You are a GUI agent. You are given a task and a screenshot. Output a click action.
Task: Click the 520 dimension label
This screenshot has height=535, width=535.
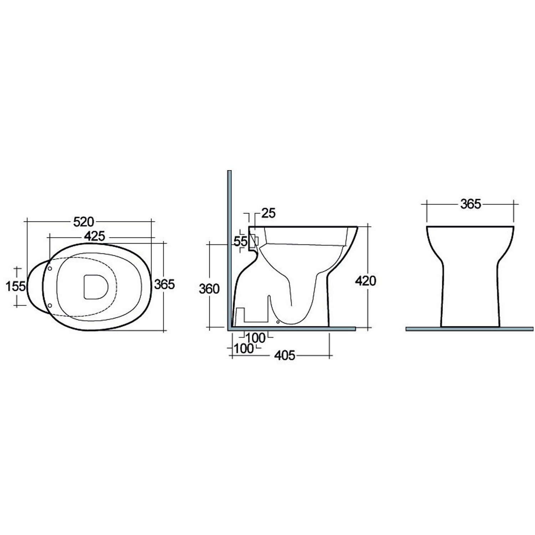pyautogui.click(x=83, y=222)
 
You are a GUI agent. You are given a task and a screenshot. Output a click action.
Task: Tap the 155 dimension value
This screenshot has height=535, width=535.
pyautogui.click(x=16, y=286)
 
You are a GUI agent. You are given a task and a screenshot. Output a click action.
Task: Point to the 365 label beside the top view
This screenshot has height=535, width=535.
pyautogui.click(x=164, y=284)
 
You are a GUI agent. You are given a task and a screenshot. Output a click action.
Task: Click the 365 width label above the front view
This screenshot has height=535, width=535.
pyautogui.click(x=470, y=204)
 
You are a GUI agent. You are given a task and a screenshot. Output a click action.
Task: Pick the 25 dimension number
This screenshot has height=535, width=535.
pyautogui.click(x=268, y=213)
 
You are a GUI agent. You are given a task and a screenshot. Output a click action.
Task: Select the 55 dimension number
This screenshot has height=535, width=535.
pyautogui.click(x=240, y=241)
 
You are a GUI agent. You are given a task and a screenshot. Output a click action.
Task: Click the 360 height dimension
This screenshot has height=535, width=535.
pyautogui.click(x=209, y=289)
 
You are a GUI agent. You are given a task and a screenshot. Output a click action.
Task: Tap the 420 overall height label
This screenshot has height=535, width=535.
pyautogui.click(x=365, y=281)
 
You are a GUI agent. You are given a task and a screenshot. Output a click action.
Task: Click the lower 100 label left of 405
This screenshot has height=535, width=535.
pyautogui.click(x=244, y=348)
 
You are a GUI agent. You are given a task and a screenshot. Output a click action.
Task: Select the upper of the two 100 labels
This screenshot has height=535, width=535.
pyautogui.click(x=255, y=337)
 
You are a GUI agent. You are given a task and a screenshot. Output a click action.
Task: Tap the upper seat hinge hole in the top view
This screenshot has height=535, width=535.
pyautogui.click(x=50, y=268)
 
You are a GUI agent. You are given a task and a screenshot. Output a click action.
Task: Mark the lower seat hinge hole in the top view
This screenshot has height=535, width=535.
pyautogui.click(x=50, y=305)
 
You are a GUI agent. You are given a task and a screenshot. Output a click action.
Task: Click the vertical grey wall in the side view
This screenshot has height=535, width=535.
pyautogui.click(x=230, y=250)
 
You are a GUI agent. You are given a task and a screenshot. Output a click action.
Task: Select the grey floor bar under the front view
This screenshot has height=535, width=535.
pyautogui.click(x=470, y=329)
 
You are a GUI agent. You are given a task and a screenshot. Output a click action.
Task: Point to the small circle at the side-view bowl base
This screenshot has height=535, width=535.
pyautogui.click(x=278, y=322)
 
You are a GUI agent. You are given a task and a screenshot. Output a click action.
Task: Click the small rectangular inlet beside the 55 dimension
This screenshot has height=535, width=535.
pyautogui.click(x=256, y=241)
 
